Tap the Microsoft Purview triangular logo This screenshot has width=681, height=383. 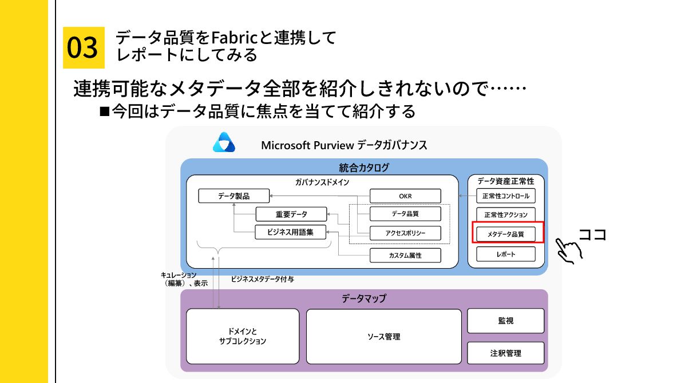point(224,143)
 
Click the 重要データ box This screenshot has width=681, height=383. point(291,214)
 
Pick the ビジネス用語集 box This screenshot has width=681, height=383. point(291,232)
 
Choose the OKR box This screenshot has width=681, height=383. point(405,196)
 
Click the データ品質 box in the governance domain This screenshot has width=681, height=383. point(405,214)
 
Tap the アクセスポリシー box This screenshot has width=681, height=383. point(405,233)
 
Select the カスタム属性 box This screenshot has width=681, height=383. point(405,255)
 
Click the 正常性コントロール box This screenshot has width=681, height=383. point(506,196)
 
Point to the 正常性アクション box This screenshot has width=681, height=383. point(506,215)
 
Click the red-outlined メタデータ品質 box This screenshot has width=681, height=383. point(506,234)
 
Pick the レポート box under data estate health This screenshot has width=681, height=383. point(506,254)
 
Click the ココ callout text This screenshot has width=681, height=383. point(592,234)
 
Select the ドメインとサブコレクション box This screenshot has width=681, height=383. point(243,336)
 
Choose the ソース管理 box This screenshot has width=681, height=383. point(383,336)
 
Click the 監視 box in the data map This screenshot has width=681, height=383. point(505,321)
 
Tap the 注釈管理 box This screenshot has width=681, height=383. point(505,353)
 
